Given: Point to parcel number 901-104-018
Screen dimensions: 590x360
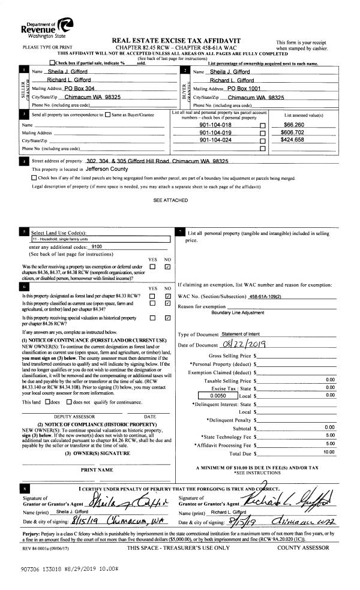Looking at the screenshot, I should [215, 125].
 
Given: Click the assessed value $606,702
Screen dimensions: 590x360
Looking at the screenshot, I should [292, 132].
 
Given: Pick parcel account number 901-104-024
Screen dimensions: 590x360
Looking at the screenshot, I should [215, 140].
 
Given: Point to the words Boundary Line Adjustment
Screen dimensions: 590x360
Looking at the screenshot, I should [237, 312].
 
